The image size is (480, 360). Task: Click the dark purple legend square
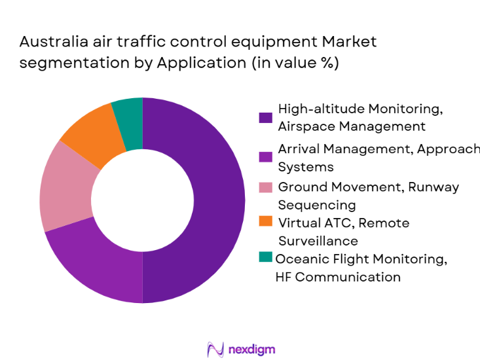(x=265, y=118)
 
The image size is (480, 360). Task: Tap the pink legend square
(x=265, y=188)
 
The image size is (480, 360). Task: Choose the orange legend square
(x=265, y=223)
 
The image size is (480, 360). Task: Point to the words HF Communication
(x=338, y=277)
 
